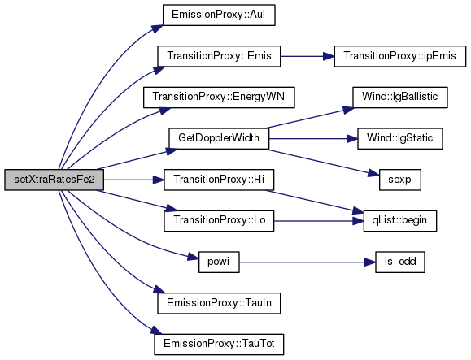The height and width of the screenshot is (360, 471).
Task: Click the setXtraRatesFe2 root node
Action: pyautogui.click(x=54, y=180)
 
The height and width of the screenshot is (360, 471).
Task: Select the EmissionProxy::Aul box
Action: pyautogui.click(x=219, y=15)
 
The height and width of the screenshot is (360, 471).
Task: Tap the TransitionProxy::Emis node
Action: pyautogui.click(x=219, y=56)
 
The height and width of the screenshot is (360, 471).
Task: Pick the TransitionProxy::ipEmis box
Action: pyautogui.click(x=399, y=56)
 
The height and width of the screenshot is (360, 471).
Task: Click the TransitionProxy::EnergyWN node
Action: pyautogui.click(x=219, y=98)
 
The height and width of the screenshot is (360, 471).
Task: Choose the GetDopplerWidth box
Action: pyautogui.click(x=219, y=138)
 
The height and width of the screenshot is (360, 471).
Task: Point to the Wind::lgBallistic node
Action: pyautogui.click(x=399, y=98)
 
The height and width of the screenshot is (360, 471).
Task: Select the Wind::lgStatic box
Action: pyautogui.click(x=399, y=138)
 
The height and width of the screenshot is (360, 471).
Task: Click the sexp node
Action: pyautogui.click(x=399, y=180)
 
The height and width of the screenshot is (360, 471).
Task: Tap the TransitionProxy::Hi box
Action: pyautogui.click(x=219, y=180)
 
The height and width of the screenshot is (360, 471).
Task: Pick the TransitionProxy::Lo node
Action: pyautogui.click(x=219, y=221)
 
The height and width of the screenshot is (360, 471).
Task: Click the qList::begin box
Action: pyautogui.click(x=399, y=221)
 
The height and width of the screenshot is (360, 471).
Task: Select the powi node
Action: pyautogui.click(x=219, y=262)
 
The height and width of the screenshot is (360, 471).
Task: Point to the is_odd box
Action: pyautogui.click(x=399, y=262)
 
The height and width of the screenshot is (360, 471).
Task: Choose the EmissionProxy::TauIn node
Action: pyautogui.click(x=219, y=303)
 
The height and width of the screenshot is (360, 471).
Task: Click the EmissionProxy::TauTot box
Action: pyautogui.click(x=219, y=345)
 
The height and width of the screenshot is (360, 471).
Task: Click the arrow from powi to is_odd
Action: pyautogui.click(x=307, y=262)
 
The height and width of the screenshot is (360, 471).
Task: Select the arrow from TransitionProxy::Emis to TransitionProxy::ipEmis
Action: pyautogui.click(x=307, y=56)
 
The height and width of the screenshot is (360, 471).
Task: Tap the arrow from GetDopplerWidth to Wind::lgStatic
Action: pyautogui.click(x=313, y=139)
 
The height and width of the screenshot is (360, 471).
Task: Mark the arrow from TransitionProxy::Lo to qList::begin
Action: pyautogui.click(x=319, y=221)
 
